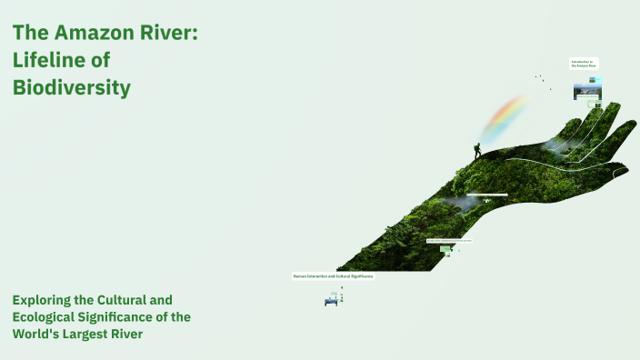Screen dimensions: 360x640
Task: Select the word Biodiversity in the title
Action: click(x=72, y=88)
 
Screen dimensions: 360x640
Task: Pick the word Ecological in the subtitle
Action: click(x=46, y=316)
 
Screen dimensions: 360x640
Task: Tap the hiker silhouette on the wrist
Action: click(x=476, y=151)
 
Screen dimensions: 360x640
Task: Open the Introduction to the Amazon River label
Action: click(x=584, y=65)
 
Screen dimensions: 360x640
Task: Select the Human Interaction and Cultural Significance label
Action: click(x=333, y=275)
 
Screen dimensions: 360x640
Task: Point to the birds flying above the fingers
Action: click(x=541, y=79)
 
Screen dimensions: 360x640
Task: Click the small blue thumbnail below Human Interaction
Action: click(x=332, y=302)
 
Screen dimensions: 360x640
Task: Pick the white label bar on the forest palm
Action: click(x=486, y=195)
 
